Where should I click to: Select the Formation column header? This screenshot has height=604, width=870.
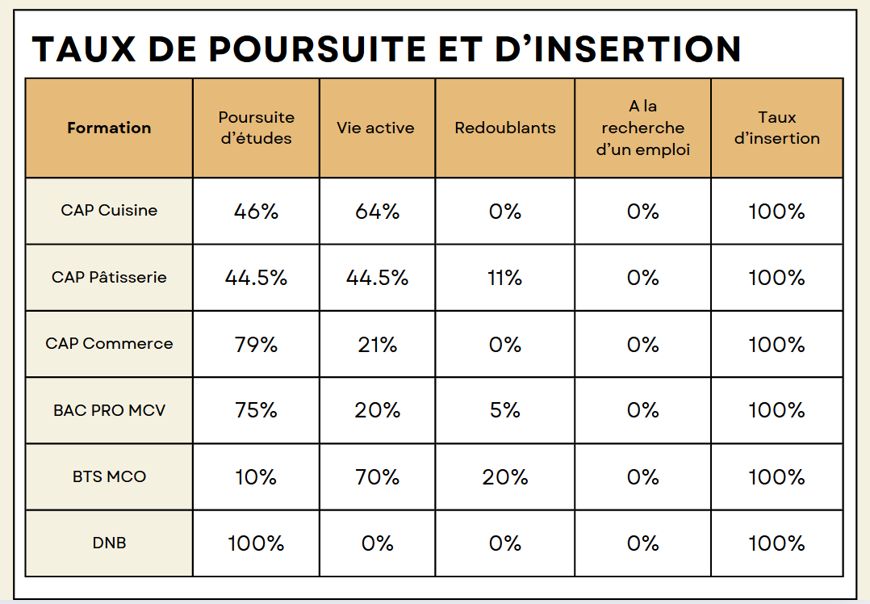109,128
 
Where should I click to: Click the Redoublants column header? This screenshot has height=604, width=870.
505,128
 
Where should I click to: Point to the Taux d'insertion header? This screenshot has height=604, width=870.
777,128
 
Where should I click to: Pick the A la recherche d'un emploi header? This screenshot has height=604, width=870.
642,128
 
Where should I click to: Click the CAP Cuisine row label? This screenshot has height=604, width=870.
109,211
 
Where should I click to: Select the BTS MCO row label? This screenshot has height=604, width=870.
109,476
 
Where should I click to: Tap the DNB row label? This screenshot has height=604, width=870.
109,543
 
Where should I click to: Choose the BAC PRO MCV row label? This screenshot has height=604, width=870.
109,410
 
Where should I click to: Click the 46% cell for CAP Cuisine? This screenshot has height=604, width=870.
256,212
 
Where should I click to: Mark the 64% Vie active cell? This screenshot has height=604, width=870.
377,212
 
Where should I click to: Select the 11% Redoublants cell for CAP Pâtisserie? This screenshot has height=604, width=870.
505,278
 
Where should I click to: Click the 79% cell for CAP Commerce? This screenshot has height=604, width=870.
256,345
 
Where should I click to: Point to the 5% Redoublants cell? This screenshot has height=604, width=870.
505,410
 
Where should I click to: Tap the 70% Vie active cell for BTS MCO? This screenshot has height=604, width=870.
377,477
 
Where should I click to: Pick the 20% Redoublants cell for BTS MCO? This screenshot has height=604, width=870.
505,477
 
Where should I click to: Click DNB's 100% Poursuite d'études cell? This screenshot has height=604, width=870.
256,543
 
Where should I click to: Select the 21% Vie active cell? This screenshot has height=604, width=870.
377,345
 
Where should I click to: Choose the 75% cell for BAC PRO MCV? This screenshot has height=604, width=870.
256,410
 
